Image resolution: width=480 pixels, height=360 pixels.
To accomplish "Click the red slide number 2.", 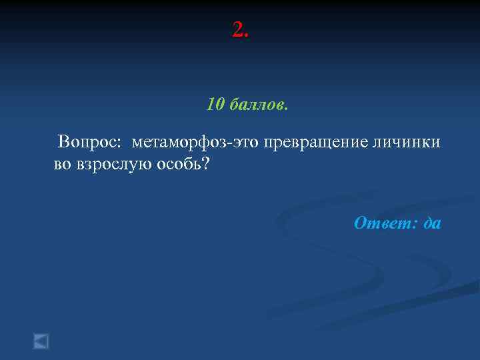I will coord(237,29).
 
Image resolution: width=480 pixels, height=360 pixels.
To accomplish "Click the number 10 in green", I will coord(215,105).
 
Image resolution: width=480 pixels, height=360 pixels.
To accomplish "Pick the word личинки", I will coord(407,143).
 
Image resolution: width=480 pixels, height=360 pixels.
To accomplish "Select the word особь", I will coord(178,163).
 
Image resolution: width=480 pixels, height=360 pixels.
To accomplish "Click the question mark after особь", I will coord(205,163).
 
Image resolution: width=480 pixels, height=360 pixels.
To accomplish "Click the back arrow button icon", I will coord(41,341).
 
